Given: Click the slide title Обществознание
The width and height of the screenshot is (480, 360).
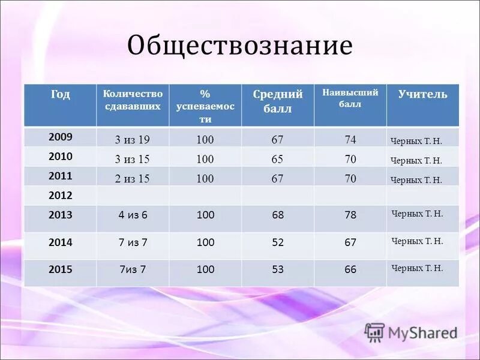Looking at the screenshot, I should coord(239,46).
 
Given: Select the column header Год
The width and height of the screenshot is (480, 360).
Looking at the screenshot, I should coord(60,95).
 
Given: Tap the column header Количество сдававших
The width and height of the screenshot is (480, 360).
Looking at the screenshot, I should coord(132,100).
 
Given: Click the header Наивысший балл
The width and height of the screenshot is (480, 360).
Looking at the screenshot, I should coord(350,98).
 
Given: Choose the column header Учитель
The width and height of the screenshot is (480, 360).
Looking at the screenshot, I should coord(422,94).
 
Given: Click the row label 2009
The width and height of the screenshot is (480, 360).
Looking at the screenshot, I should coord(60,137).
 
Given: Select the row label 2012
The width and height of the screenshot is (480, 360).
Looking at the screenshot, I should coord(60,196).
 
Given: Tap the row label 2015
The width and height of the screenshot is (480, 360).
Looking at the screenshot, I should coord(60,270).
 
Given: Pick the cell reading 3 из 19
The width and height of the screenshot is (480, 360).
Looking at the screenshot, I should coord(132,140).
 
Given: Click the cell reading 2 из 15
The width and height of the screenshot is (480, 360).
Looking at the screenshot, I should coord(132,178).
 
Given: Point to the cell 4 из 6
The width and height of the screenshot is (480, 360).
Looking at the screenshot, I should coord(133,215).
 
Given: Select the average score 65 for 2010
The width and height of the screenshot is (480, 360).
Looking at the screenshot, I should coord(277,159).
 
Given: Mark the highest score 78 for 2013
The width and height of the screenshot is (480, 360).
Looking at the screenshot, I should coord(350,215).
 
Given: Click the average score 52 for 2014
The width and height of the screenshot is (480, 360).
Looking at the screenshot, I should coord(278,242).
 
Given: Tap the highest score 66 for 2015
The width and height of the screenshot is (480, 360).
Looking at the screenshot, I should coord(350,270).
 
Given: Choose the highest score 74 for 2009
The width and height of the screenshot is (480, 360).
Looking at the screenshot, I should coord(350,140).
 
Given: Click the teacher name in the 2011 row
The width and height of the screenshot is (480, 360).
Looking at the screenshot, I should coord(416,179).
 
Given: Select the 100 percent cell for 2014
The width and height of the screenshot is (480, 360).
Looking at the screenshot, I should coord(205,242).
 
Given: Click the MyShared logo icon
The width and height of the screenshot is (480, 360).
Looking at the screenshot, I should coord(374,332).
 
